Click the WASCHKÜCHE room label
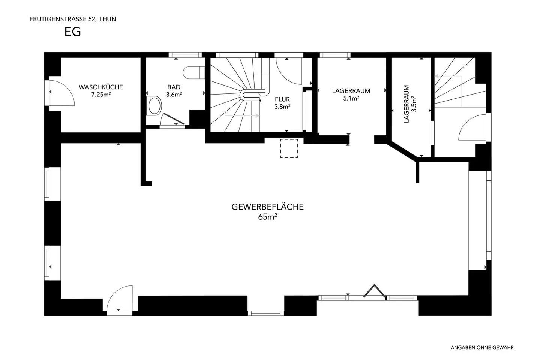[x=101, y=87]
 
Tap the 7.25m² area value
[x=101, y=94]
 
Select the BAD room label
[x=174, y=87]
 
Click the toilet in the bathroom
[x=193, y=72]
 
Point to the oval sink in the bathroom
[x=154, y=106]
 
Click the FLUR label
[x=282, y=99]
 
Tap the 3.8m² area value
[x=282, y=106]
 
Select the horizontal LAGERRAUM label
[x=351, y=91]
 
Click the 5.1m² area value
[x=351, y=98]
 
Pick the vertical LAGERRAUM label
[x=406, y=104]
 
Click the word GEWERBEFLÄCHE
[x=268, y=207]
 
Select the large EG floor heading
[x=73, y=32]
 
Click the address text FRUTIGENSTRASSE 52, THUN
[x=73, y=19]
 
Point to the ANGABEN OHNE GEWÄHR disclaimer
[x=482, y=348]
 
